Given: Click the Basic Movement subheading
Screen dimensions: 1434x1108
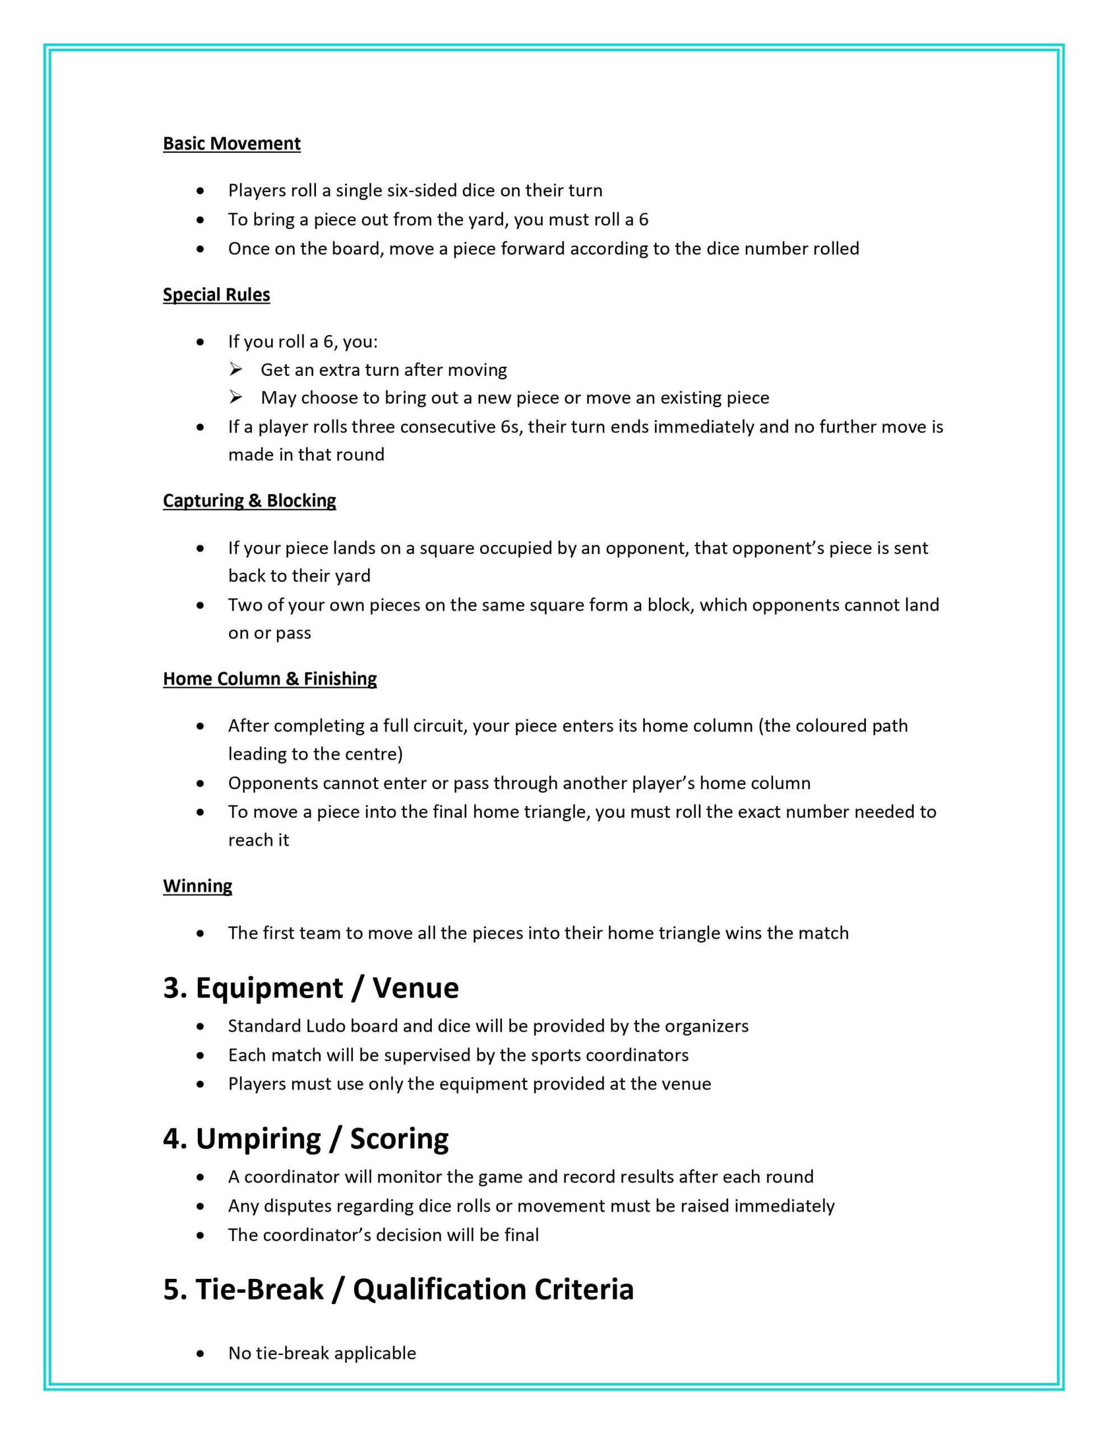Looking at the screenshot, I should (231, 143).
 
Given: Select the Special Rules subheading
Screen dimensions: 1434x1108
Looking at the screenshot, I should (216, 294).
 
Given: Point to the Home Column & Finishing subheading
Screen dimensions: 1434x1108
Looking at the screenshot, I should (269, 678).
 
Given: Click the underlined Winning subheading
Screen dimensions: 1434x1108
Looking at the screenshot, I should (197, 886).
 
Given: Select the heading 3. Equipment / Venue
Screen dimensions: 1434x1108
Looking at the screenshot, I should (311, 988).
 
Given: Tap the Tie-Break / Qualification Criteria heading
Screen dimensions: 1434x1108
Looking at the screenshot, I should (398, 1289).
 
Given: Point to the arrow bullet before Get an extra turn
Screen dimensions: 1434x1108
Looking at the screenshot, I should (236, 370).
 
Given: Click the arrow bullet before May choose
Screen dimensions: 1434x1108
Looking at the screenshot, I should (236, 397).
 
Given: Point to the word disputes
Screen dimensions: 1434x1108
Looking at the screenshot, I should (294, 1205).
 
